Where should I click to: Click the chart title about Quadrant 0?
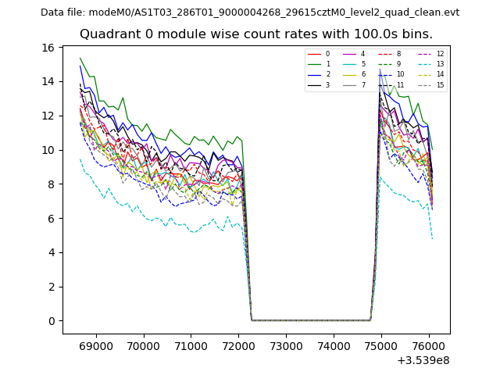[x=256, y=34]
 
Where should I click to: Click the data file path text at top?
[x=250, y=12]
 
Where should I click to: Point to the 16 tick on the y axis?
[x=48, y=48]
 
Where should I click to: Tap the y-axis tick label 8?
[x=51, y=184]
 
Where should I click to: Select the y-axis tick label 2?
[x=51, y=287]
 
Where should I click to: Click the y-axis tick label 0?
[x=51, y=321]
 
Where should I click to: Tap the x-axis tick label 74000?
[x=334, y=345]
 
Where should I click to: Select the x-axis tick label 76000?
[x=429, y=345]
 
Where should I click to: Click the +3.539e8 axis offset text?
[x=423, y=360]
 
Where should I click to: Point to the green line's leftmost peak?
[x=80, y=58]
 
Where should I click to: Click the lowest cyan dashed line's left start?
[x=80, y=159]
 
